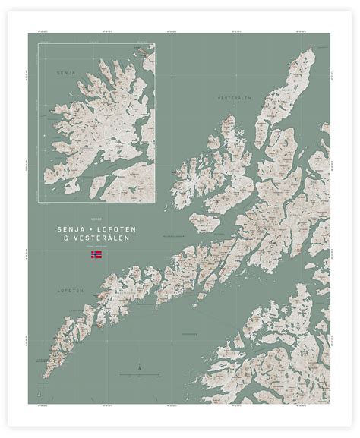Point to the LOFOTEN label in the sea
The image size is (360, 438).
coord(68,290)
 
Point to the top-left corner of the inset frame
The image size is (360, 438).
coord(39,43)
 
